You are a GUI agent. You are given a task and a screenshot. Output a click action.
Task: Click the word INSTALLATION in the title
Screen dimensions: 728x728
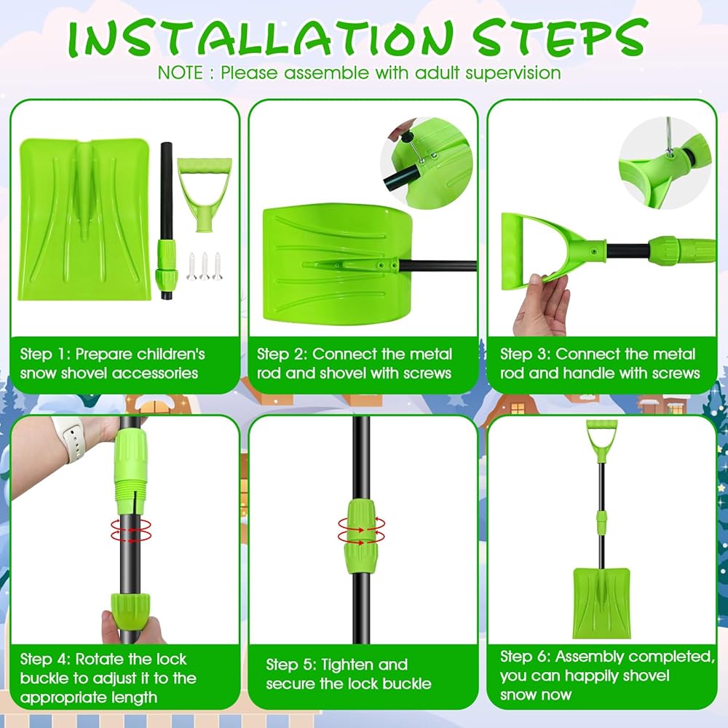tap(261, 39)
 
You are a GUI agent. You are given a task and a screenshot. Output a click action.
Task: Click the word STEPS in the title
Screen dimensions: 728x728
tap(559, 38)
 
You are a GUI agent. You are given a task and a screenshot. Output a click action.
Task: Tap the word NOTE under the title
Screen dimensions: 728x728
tap(180, 73)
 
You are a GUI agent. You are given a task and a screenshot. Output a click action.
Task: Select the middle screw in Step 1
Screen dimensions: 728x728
tap(205, 266)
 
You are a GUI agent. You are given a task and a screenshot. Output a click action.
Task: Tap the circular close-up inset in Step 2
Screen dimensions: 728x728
tap(426, 162)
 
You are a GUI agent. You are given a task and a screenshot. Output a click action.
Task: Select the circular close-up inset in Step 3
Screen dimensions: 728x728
tap(665, 162)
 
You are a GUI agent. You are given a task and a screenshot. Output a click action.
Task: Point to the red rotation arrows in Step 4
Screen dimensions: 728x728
tap(131, 530)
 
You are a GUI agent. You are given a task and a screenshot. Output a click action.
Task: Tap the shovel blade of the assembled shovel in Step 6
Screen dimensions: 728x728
tap(602, 603)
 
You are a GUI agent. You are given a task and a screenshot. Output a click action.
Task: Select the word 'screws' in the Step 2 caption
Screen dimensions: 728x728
tap(427, 373)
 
